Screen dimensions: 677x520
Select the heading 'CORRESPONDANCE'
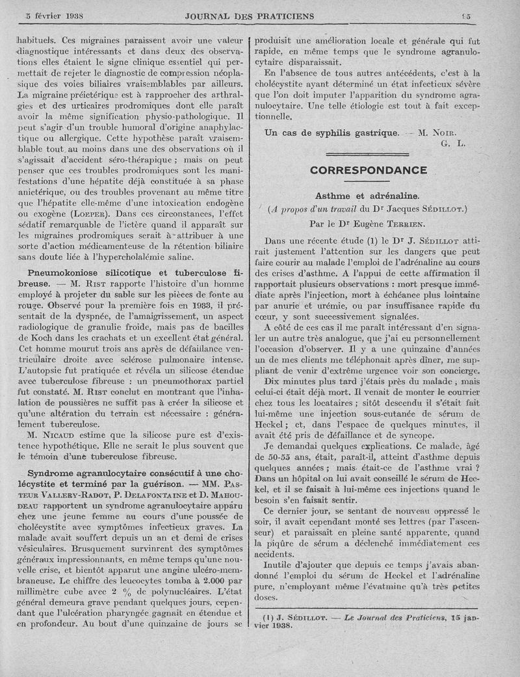368,171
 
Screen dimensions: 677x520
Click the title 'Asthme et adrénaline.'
367,195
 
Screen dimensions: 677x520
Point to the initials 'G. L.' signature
452,144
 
